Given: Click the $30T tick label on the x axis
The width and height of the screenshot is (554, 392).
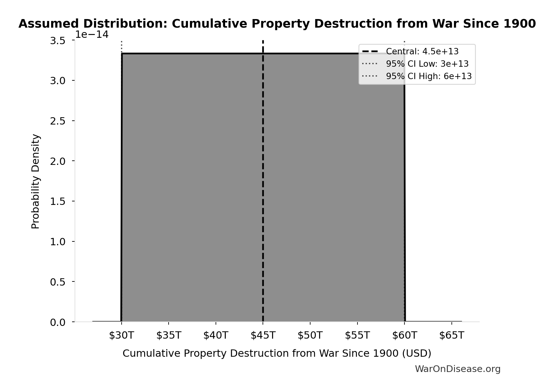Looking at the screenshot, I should point(121,335).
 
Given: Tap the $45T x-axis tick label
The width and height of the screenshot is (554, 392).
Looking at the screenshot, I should point(263,335).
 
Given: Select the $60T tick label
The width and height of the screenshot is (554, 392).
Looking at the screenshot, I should point(404,335).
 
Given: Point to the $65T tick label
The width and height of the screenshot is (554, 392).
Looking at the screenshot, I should point(451,335).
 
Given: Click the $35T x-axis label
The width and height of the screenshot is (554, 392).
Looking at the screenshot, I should point(169,335).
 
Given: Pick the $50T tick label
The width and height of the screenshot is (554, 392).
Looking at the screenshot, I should point(310,335).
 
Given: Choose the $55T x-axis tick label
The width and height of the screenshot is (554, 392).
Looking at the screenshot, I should point(357,335).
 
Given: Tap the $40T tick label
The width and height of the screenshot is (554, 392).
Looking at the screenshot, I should point(216,335).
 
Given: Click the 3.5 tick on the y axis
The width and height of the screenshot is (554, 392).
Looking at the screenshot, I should point(58,41).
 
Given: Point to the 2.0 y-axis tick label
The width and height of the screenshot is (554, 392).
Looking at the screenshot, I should point(58,161).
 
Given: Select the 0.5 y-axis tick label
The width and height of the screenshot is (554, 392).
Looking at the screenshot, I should point(58,282).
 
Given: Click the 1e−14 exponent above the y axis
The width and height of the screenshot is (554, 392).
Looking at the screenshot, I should point(92,35).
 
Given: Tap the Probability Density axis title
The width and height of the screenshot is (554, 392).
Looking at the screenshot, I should point(36,181).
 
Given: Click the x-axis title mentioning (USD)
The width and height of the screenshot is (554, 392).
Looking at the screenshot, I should point(277,353).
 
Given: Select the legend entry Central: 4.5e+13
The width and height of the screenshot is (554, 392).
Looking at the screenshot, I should point(422,51).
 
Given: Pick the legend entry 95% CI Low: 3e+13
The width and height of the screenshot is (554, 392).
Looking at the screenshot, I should point(427,64).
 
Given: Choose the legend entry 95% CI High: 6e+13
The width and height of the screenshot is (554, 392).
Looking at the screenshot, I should point(429,76).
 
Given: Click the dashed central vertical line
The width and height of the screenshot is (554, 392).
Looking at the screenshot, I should point(263,191).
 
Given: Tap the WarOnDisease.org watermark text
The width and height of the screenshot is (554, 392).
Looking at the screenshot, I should point(457,369).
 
